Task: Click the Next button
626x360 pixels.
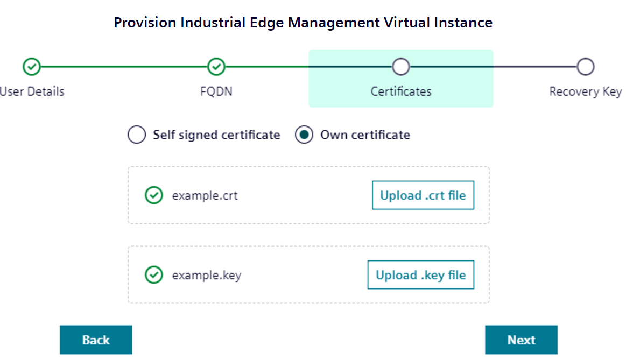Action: [x=521, y=340]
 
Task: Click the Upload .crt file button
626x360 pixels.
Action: [x=423, y=195]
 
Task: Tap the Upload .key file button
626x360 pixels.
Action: [x=420, y=275]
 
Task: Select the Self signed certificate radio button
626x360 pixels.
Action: [x=137, y=135]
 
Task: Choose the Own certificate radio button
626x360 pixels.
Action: [x=304, y=135]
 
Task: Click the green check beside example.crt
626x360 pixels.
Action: [x=154, y=195]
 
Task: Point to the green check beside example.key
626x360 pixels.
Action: [x=154, y=275]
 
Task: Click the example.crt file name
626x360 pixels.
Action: [x=205, y=195]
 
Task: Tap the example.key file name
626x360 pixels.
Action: [x=207, y=275]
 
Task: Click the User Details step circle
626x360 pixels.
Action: [x=32, y=67]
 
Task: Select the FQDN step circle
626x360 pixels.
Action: [x=216, y=67]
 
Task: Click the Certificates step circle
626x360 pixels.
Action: [x=401, y=67]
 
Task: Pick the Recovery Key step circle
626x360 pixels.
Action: [x=585, y=67]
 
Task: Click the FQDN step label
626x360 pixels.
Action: [x=216, y=91]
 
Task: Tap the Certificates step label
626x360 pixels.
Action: [x=401, y=91]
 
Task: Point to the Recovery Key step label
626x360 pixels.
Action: [x=585, y=91]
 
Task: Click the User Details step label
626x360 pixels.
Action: [x=32, y=91]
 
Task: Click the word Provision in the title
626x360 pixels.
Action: [x=145, y=23]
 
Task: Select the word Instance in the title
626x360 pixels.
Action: [x=464, y=23]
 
